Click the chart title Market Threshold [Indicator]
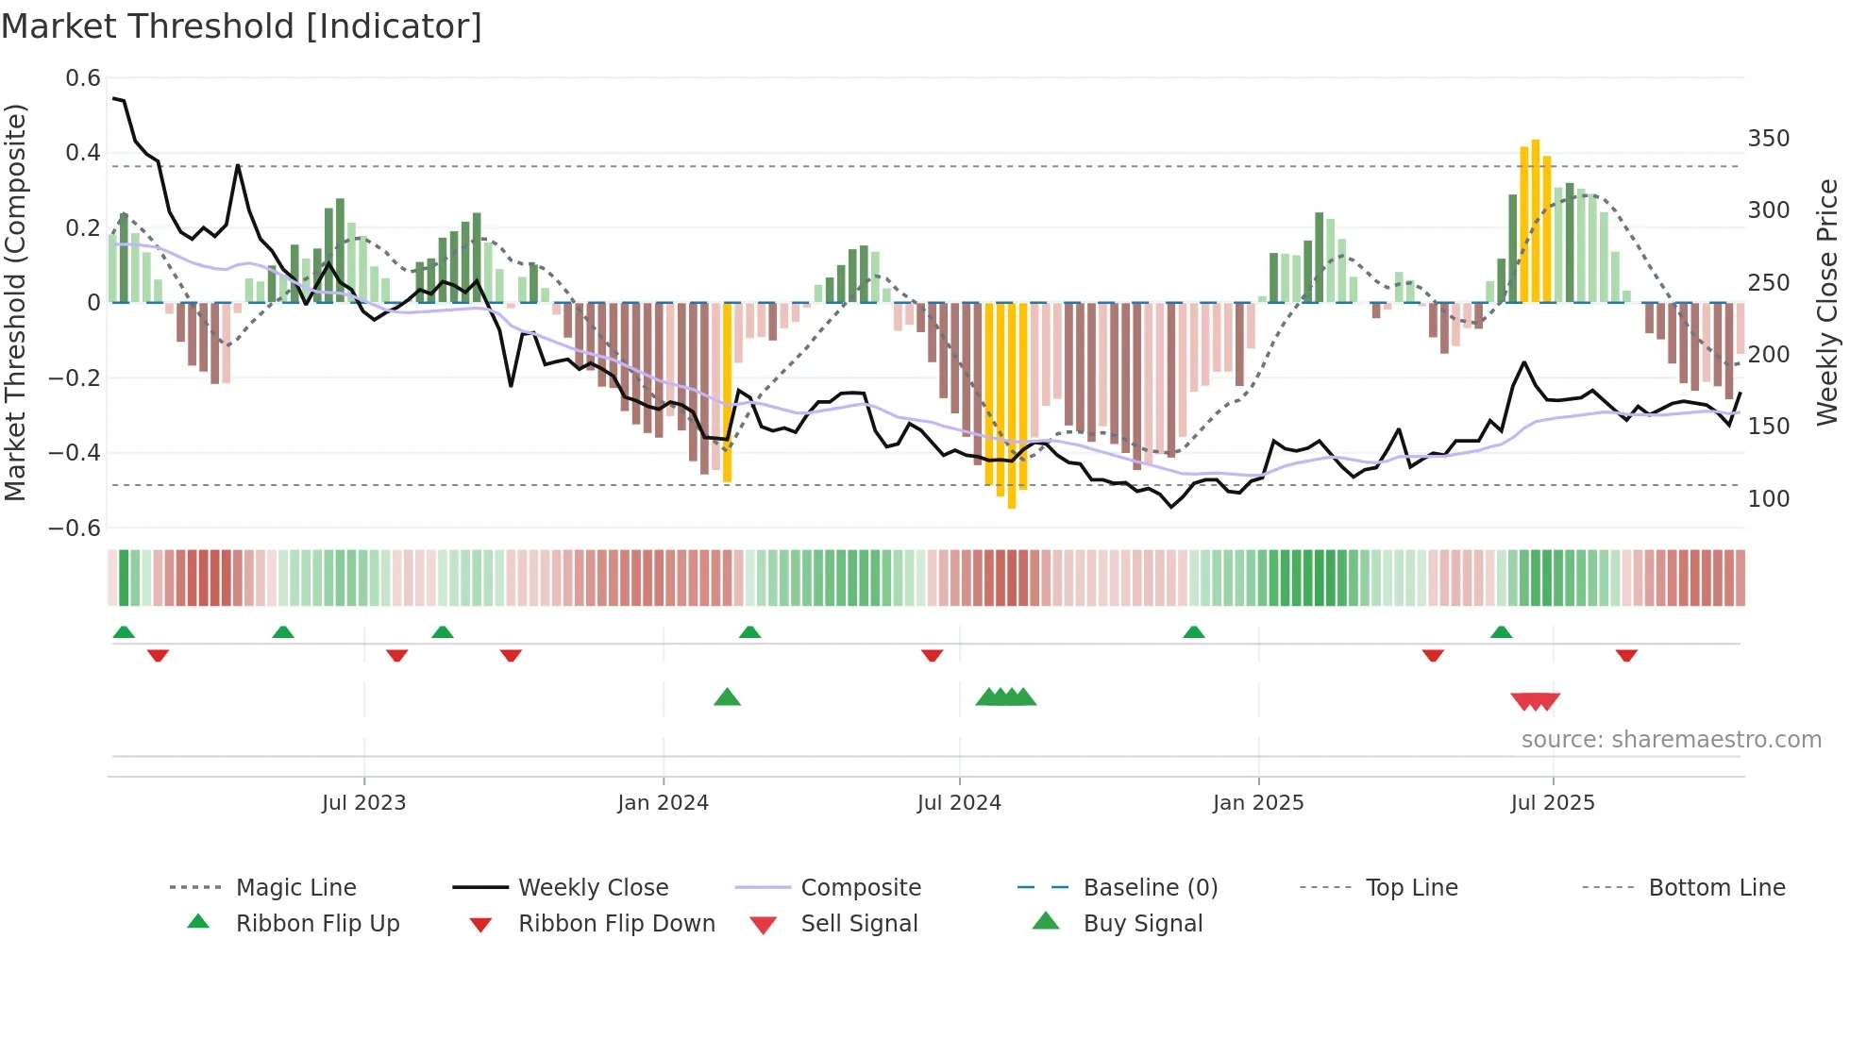[242, 26]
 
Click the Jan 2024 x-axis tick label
[663, 803]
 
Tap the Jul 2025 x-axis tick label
[1552, 803]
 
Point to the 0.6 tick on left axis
[83, 78]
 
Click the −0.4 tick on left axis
[75, 453]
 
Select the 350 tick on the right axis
[1768, 139]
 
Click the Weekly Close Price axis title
[1827, 302]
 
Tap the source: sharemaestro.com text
[1671, 740]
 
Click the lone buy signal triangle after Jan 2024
[727, 697]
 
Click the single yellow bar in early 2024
[727, 392]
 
